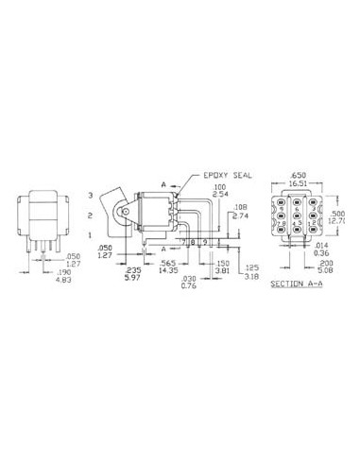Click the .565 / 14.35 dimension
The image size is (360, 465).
point(170,267)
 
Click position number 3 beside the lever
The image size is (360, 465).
point(93,196)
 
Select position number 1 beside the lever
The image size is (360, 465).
point(93,234)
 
